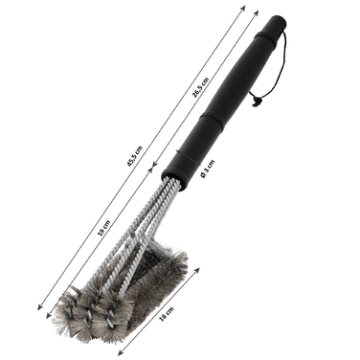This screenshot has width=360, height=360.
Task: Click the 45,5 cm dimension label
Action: tap(134, 156)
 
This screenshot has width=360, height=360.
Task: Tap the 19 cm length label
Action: tap(104, 229)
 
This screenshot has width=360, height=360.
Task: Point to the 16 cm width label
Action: tap(167, 314)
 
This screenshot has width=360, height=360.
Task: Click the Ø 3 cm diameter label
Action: tap(207, 169)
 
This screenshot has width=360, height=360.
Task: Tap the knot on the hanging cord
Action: tap(256, 102)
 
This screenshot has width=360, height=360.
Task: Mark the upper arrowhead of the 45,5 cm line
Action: tap(243, 8)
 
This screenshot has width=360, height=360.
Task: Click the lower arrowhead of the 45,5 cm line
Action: tap(40, 307)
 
